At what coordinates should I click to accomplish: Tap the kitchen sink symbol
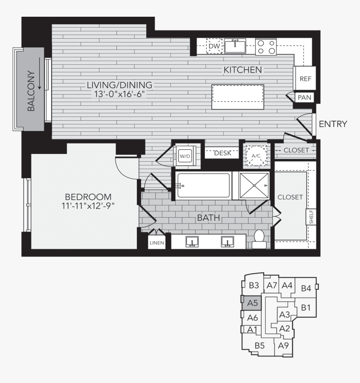[x=235, y=46]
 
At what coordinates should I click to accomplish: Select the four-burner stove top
[x=266, y=47]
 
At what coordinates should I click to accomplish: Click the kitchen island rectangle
[x=237, y=97]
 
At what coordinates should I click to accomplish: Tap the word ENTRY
[x=333, y=124]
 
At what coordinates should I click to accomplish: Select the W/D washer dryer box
[x=185, y=156]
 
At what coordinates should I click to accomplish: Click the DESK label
[x=222, y=153]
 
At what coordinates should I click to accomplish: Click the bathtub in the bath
[x=203, y=185]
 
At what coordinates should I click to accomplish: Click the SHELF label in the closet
[x=311, y=217]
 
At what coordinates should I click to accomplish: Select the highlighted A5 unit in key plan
[x=252, y=303]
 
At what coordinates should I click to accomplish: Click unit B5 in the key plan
[x=260, y=345]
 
